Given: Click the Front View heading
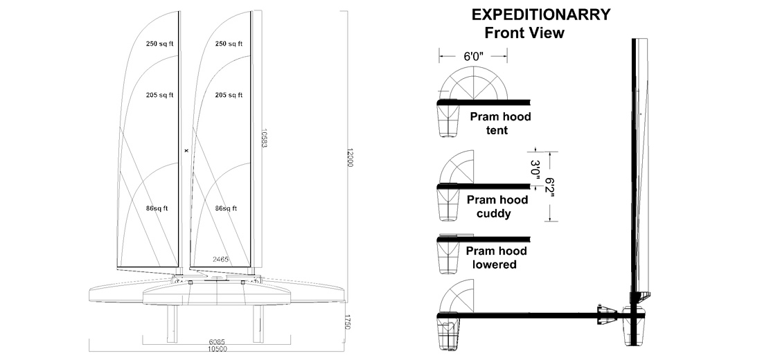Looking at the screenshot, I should tap(524, 33).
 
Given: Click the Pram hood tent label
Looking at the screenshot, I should tap(500, 123).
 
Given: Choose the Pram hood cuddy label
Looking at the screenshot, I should tap(497, 206).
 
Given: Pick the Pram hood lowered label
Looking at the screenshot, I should tap(497, 258).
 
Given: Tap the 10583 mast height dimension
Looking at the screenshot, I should tap(265, 139).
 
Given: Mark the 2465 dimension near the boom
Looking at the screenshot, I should tap(220, 259).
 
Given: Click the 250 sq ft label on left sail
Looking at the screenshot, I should tap(159, 44).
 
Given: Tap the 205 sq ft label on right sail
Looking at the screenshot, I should tap(229, 95).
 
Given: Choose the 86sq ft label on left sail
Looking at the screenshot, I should tap(158, 208).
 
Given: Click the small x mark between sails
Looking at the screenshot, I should tap(186, 149).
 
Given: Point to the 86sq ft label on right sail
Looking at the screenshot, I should tap(227, 208).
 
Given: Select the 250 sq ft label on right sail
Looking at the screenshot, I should tap(229, 44).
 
